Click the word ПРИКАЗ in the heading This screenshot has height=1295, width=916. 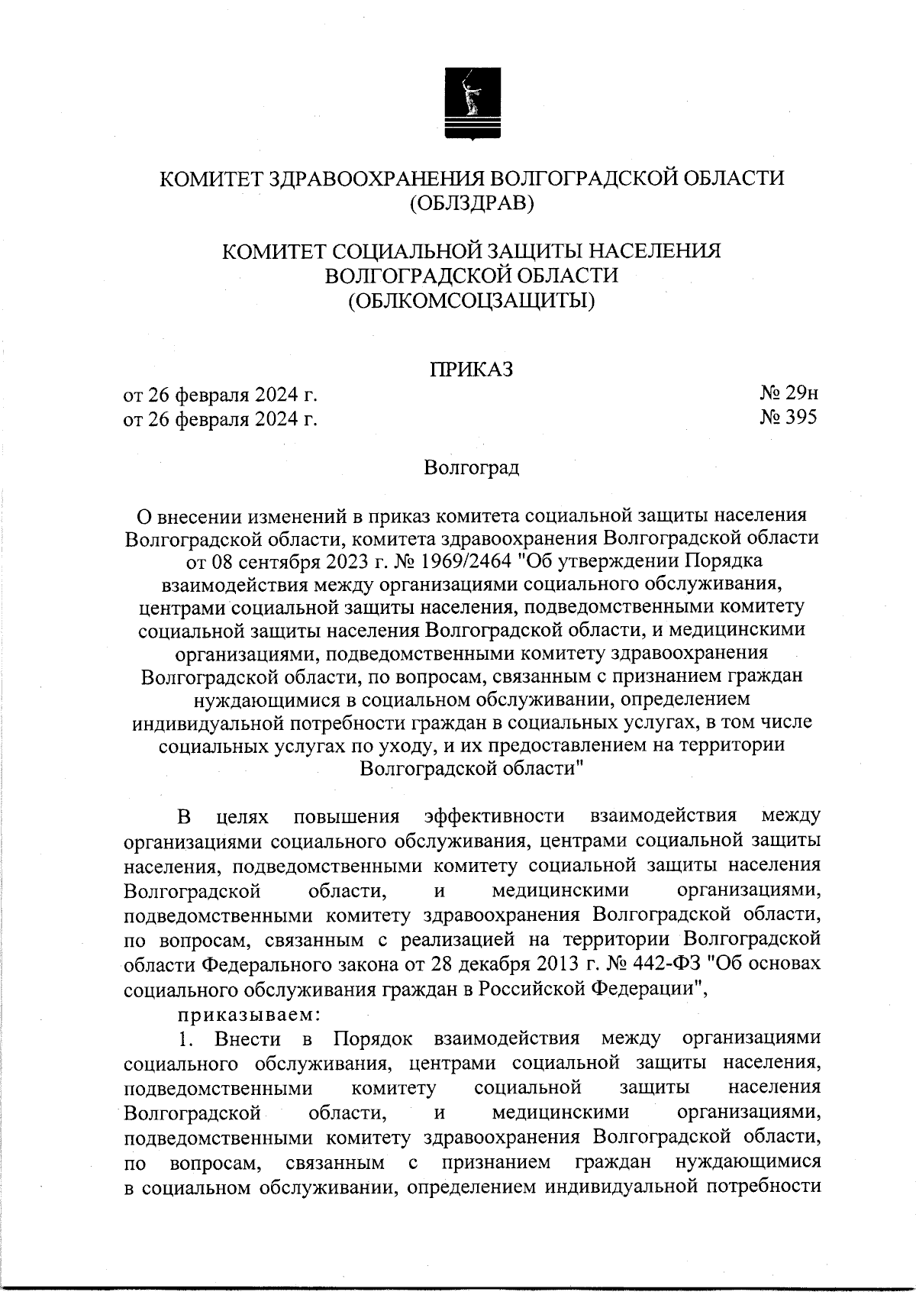(x=471, y=370)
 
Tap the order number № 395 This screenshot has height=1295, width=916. (x=788, y=418)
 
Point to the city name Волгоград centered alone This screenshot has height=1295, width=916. (x=472, y=467)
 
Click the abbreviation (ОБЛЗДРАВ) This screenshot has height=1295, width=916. (x=471, y=203)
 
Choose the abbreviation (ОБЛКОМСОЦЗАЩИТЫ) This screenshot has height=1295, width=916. (x=471, y=300)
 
